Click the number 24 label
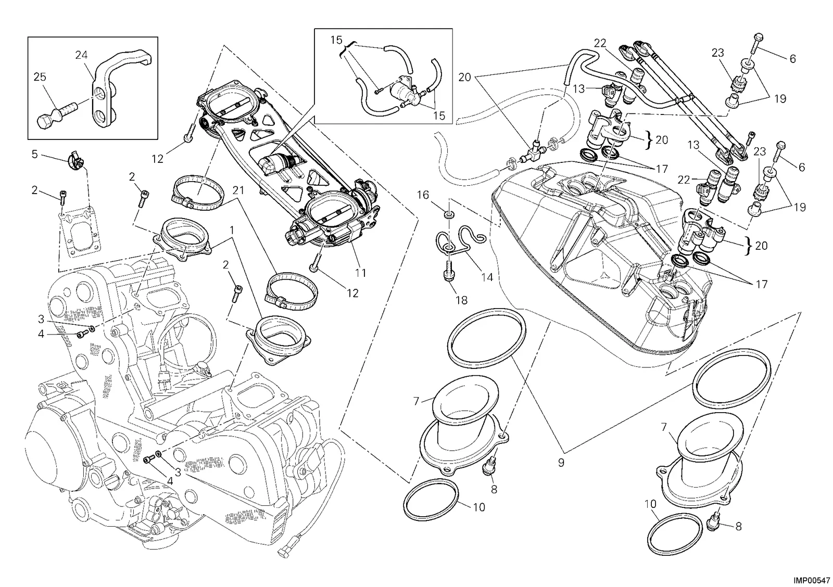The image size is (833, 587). click(81, 55)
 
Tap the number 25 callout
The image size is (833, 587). click(40, 77)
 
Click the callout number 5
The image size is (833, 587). click(34, 154)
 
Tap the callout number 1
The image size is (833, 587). click(232, 231)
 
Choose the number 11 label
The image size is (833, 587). click(360, 273)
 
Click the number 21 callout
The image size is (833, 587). click(238, 190)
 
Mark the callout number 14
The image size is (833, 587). click(487, 277)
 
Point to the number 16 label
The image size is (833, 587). click(423, 195)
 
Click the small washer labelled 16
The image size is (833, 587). click(449, 214)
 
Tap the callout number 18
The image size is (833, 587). click(461, 300)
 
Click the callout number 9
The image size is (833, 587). click(561, 462)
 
